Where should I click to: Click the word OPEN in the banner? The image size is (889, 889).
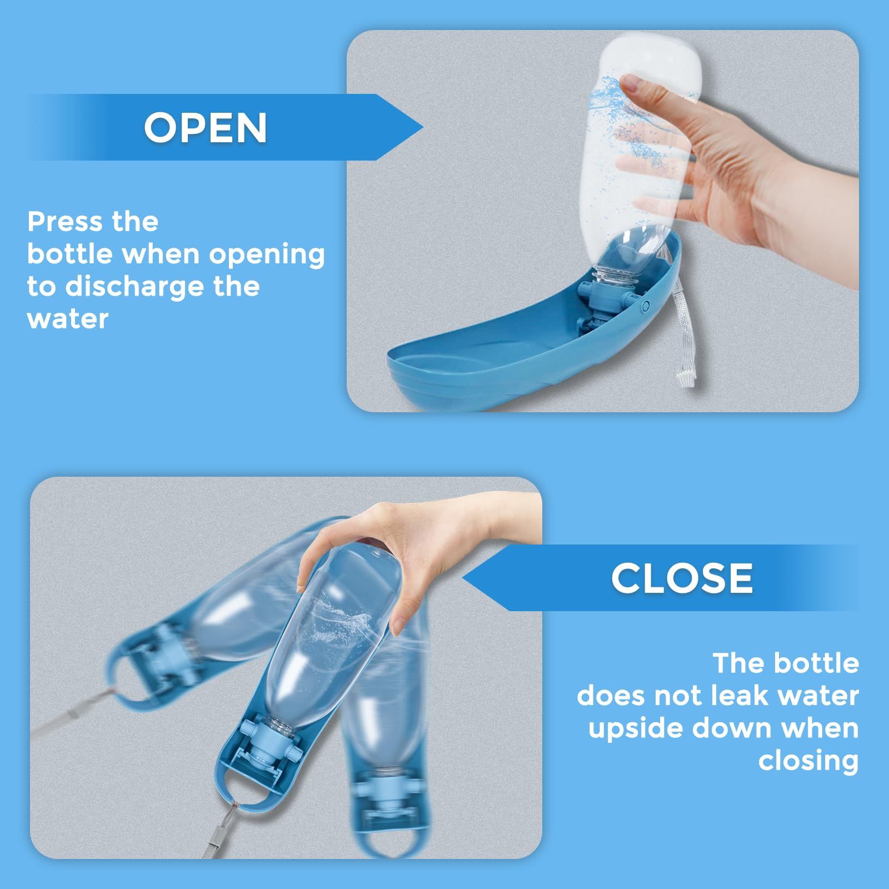tap(206, 128)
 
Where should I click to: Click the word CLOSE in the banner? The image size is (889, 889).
tap(682, 578)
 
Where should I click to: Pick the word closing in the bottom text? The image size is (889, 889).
tap(808, 761)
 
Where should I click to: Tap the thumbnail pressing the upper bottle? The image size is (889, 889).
tap(637, 83)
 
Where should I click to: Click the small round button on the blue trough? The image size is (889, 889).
tap(646, 305)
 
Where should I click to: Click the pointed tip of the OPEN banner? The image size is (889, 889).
tap(423, 128)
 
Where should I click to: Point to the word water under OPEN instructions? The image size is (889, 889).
tap(68, 319)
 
